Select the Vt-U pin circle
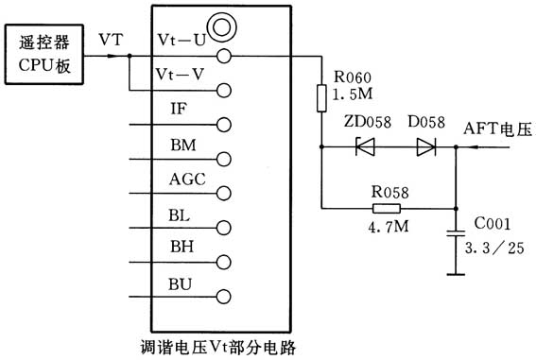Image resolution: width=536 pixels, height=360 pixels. (225, 56)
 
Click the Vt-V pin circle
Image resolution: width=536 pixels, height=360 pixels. (225, 91)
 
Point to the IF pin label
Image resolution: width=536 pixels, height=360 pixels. (179, 110)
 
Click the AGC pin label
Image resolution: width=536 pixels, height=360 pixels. (184, 179)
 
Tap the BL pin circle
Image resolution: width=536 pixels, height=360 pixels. (225, 228)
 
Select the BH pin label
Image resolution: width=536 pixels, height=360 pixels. (181, 247)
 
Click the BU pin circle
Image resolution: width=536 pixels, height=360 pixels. (225, 296)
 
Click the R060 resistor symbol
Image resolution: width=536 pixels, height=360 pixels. (321, 96)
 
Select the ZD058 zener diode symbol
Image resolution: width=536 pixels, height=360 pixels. (362, 146)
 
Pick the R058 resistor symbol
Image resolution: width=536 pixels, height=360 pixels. (386, 209)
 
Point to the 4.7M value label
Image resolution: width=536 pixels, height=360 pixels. (386, 229)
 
